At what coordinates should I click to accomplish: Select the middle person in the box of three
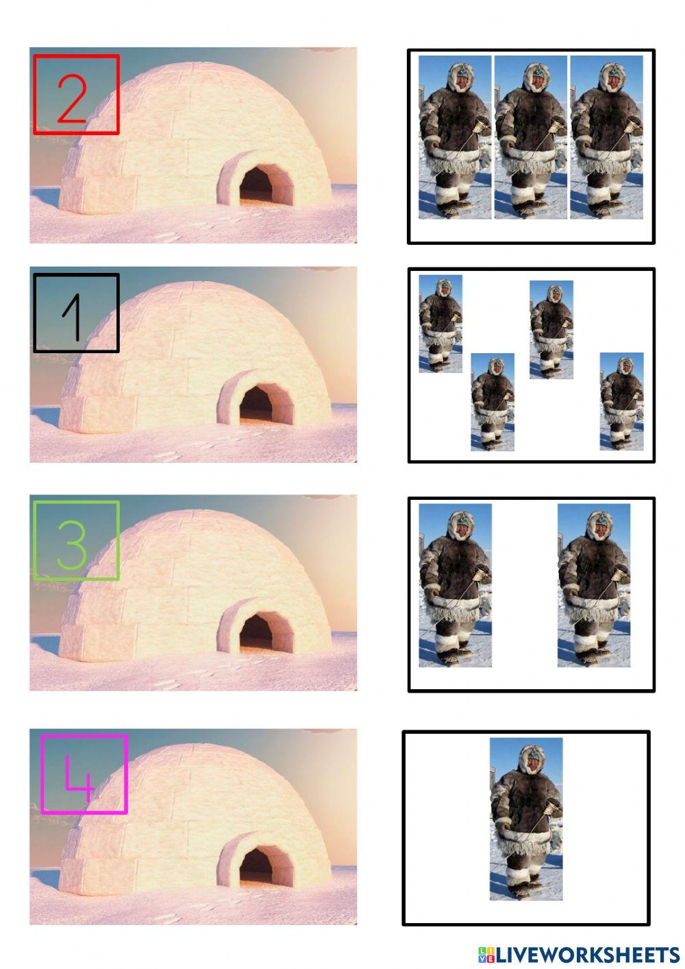(x=531, y=137)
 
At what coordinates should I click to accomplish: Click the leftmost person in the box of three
(x=455, y=137)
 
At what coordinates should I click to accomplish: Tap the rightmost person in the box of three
(x=606, y=137)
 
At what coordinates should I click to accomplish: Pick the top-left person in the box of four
(x=440, y=323)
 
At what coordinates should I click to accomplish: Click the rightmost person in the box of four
(x=621, y=401)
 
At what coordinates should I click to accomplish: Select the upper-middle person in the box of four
(x=551, y=329)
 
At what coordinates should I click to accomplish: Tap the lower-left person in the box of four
(x=493, y=402)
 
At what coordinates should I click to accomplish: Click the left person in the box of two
(x=455, y=585)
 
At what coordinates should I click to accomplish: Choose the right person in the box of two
(x=593, y=585)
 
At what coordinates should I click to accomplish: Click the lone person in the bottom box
(x=526, y=819)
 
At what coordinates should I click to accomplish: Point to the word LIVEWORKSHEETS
(x=588, y=954)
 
